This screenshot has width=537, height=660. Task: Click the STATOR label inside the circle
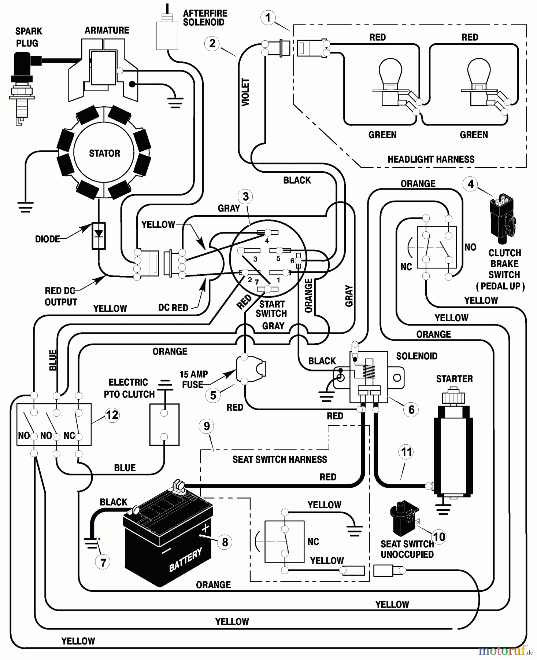click(104, 153)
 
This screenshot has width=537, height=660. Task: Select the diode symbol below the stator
click(99, 235)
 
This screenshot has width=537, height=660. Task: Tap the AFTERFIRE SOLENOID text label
click(205, 18)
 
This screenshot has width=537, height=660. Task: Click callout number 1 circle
click(268, 17)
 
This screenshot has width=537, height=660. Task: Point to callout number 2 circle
click(212, 43)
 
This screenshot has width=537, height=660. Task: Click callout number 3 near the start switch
click(245, 197)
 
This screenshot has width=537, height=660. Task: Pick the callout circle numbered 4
click(471, 184)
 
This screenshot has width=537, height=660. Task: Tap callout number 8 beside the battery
click(225, 542)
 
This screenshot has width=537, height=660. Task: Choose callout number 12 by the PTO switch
click(112, 415)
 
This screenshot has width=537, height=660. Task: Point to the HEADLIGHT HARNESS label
click(431, 159)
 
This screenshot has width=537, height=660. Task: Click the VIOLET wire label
click(245, 92)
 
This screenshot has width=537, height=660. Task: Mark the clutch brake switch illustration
click(503, 220)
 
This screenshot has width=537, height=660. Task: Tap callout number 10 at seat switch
click(439, 537)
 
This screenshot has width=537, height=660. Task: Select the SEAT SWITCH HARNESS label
click(279, 459)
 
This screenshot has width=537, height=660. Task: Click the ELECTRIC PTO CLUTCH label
click(129, 388)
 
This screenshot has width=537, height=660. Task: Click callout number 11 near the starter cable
click(407, 452)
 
